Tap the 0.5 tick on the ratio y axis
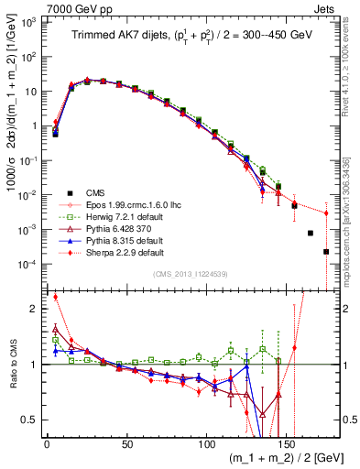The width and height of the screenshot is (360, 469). (31, 420)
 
